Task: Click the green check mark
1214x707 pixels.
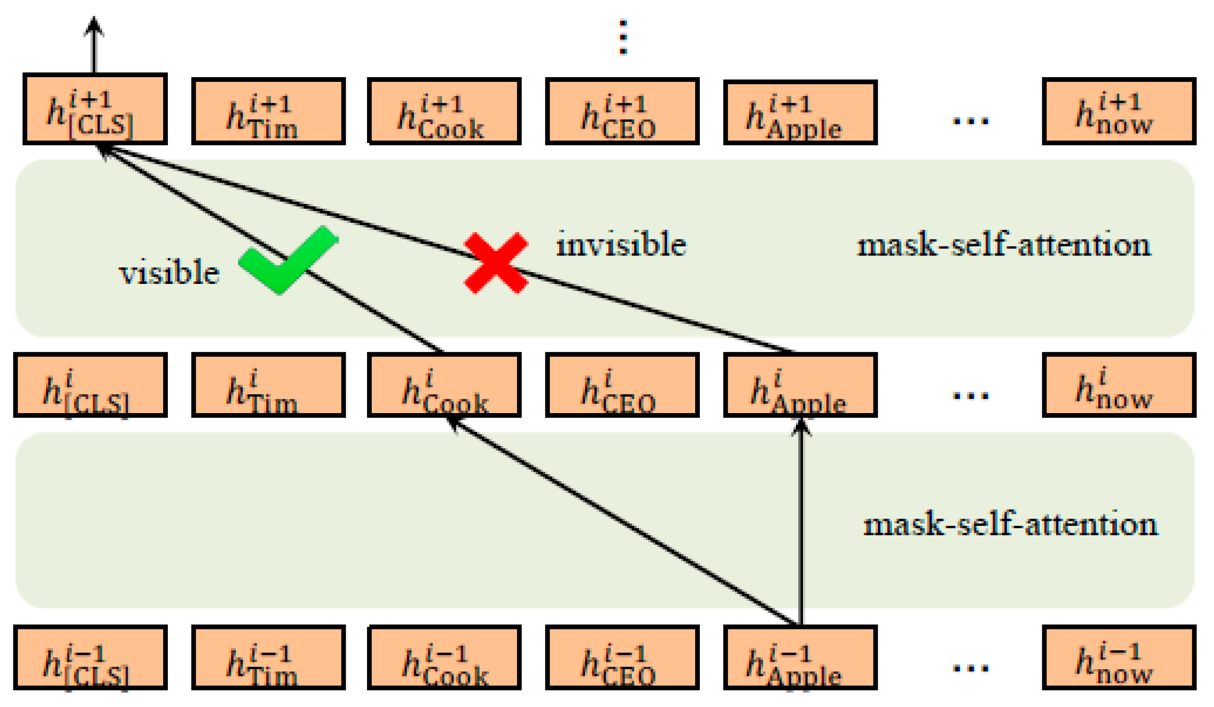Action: coord(288,260)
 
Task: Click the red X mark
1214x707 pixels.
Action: coord(496,263)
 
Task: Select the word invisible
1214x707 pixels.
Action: coord(621,244)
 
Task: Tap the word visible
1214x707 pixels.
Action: coord(169,273)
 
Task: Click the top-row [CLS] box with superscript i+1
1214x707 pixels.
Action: coord(95,109)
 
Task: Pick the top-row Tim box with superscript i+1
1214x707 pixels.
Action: coord(268,112)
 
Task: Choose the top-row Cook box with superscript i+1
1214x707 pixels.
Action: coord(444,112)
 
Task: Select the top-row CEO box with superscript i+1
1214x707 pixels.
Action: coord(622,112)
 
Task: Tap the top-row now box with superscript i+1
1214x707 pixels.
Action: coord(1118,112)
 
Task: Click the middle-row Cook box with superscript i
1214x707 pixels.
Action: coord(444,386)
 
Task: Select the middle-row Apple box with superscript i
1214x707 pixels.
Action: coord(800,386)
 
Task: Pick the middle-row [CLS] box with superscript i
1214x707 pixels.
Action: coord(90,386)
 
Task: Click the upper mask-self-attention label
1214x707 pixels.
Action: coord(1004,245)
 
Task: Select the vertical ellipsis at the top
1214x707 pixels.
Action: coord(623,37)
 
